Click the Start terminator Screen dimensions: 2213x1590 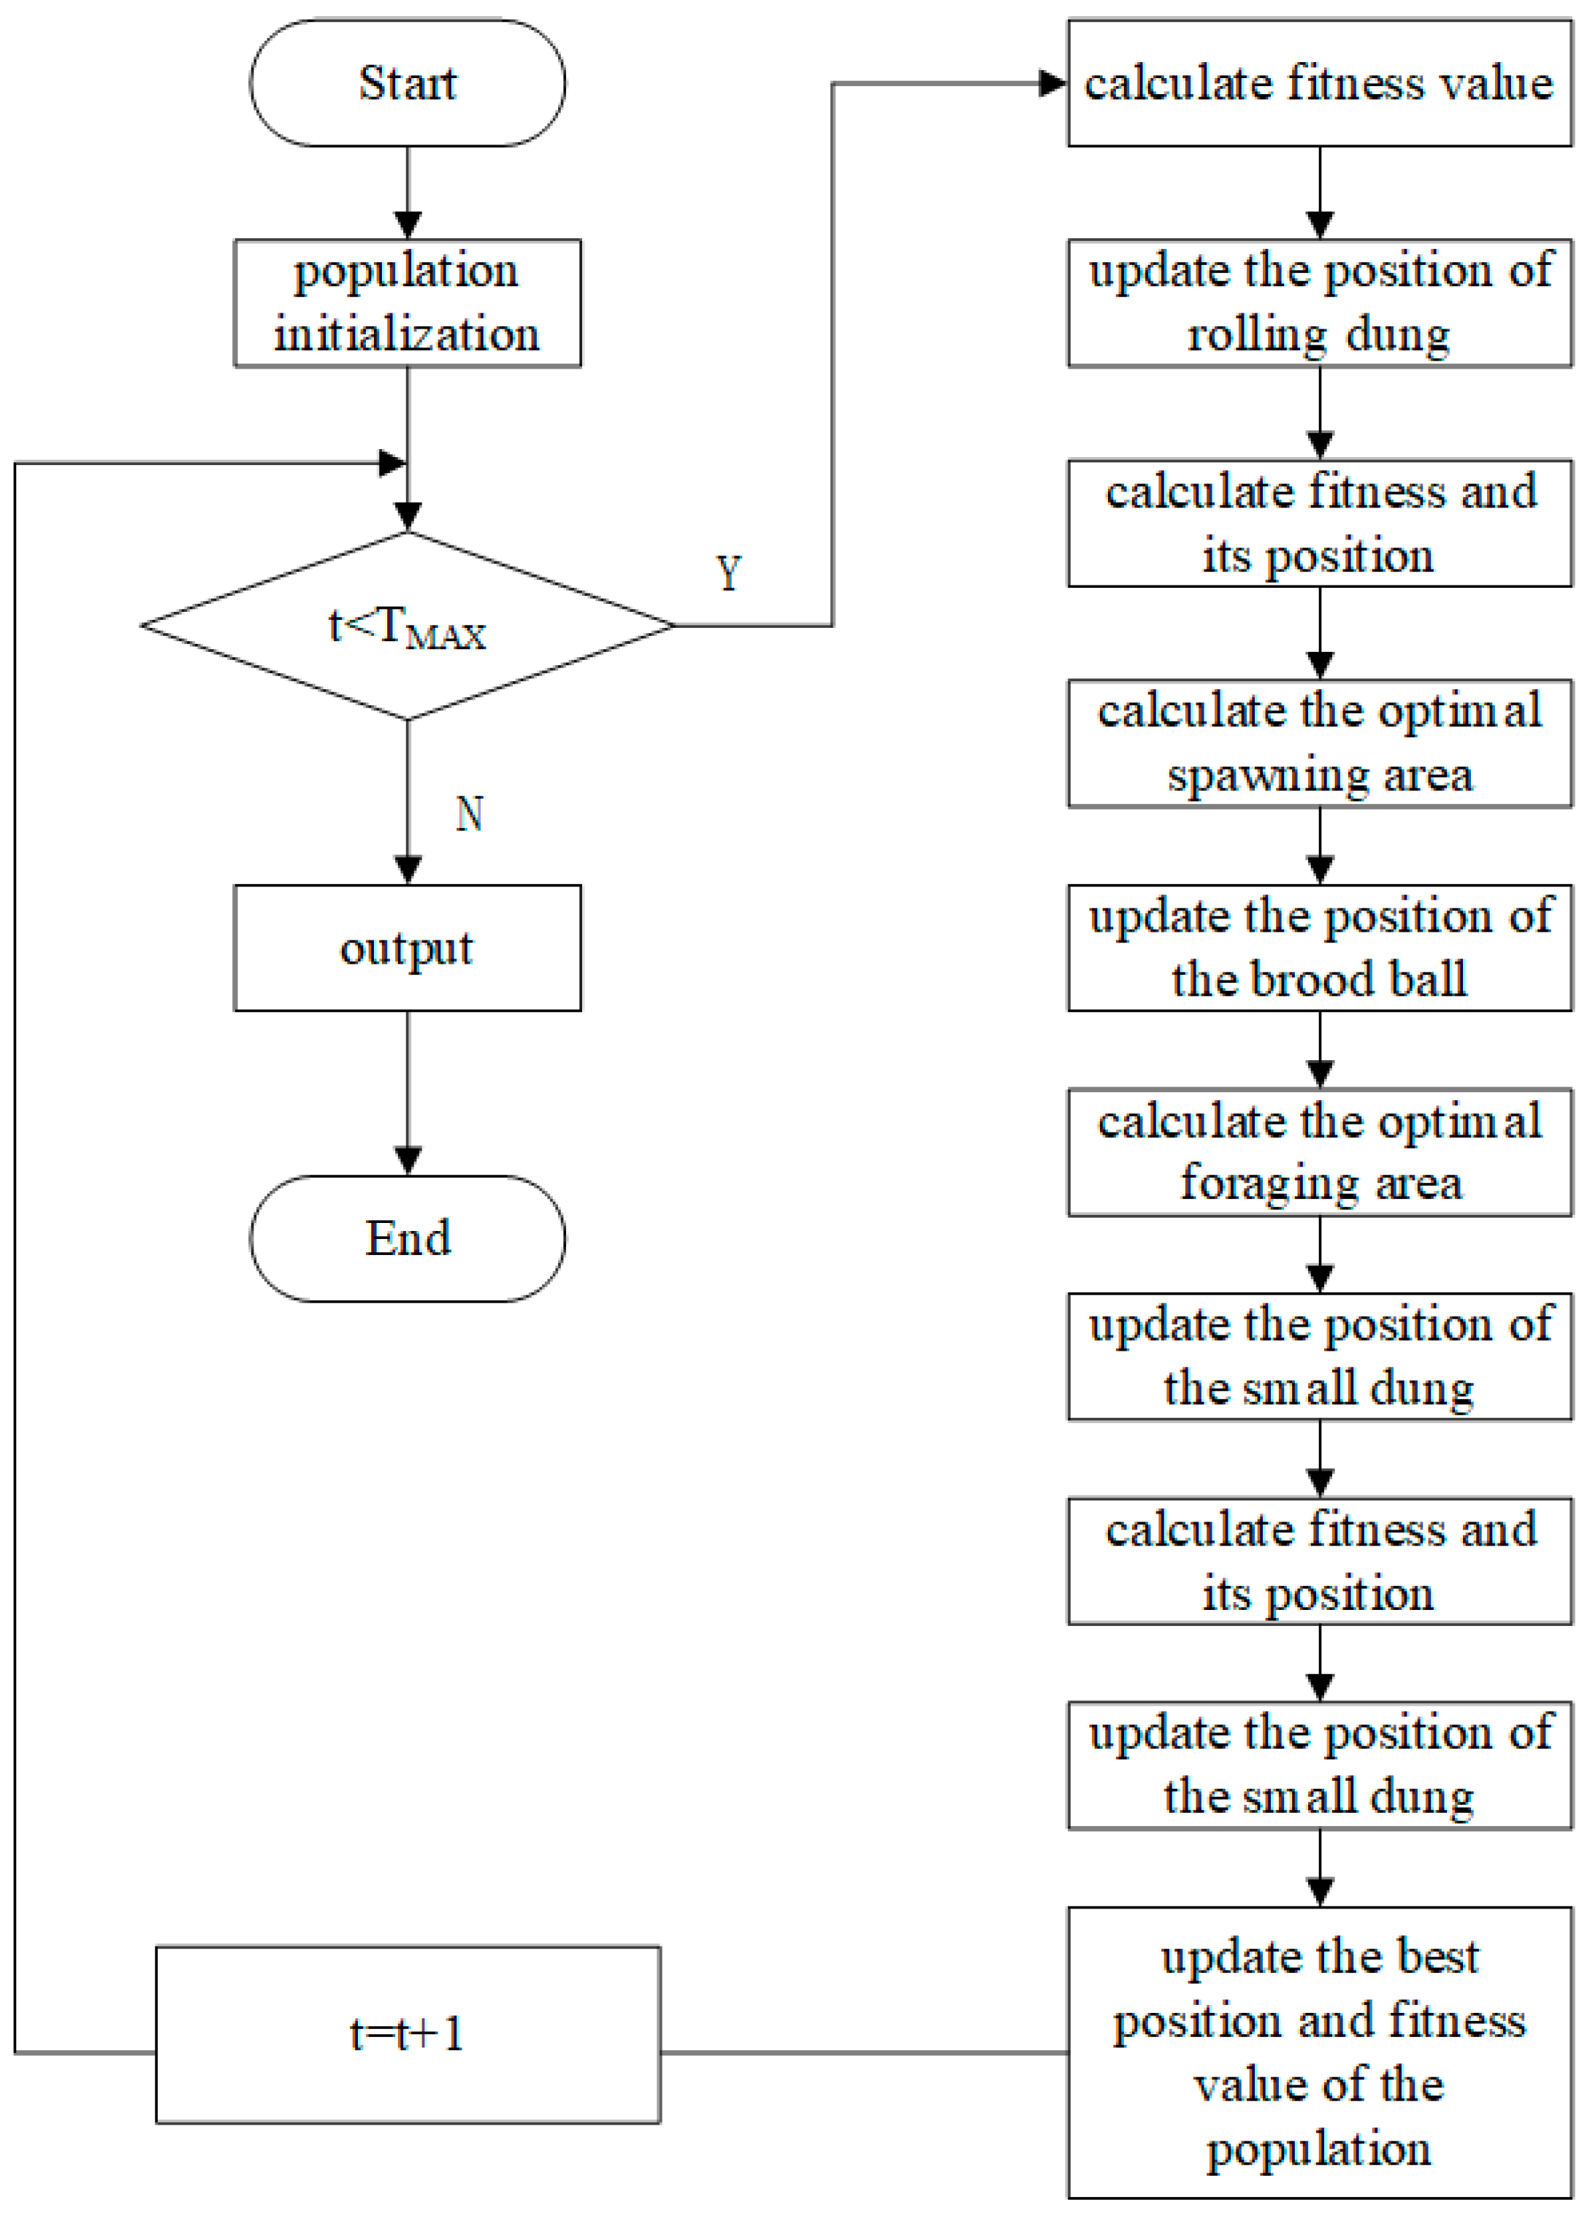tap(407, 83)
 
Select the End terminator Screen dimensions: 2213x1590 tap(407, 1238)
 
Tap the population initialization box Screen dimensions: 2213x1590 tap(407, 302)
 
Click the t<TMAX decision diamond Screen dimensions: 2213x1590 tap(407, 626)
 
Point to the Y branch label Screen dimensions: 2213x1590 tap(728, 572)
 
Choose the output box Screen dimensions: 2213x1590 tap(407, 948)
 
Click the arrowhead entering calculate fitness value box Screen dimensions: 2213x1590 tap(1052, 83)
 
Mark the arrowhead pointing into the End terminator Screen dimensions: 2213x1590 tap(407, 1160)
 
